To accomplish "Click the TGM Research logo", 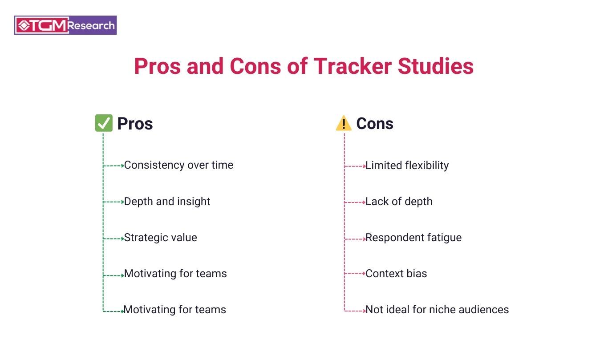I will click(65, 25).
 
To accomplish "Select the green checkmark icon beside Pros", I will click(104, 123).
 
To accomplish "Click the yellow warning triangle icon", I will click(344, 123).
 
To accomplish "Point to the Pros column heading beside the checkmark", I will click(135, 124).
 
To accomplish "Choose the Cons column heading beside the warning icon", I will click(375, 124).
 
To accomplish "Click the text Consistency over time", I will click(178, 165).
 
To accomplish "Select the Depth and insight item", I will click(167, 202).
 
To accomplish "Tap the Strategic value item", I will click(160, 238).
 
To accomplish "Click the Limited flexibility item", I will click(407, 166).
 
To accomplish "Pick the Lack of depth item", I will click(399, 202).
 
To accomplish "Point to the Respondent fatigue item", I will click(413, 238).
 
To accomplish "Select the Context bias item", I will click(396, 273).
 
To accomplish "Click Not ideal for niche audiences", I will click(437, 310).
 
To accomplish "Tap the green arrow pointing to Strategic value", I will click(113, 239).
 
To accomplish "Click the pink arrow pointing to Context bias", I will click(355, 274).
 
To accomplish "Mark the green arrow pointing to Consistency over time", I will click(113, 166).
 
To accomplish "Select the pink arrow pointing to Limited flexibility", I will click(355, 166).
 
